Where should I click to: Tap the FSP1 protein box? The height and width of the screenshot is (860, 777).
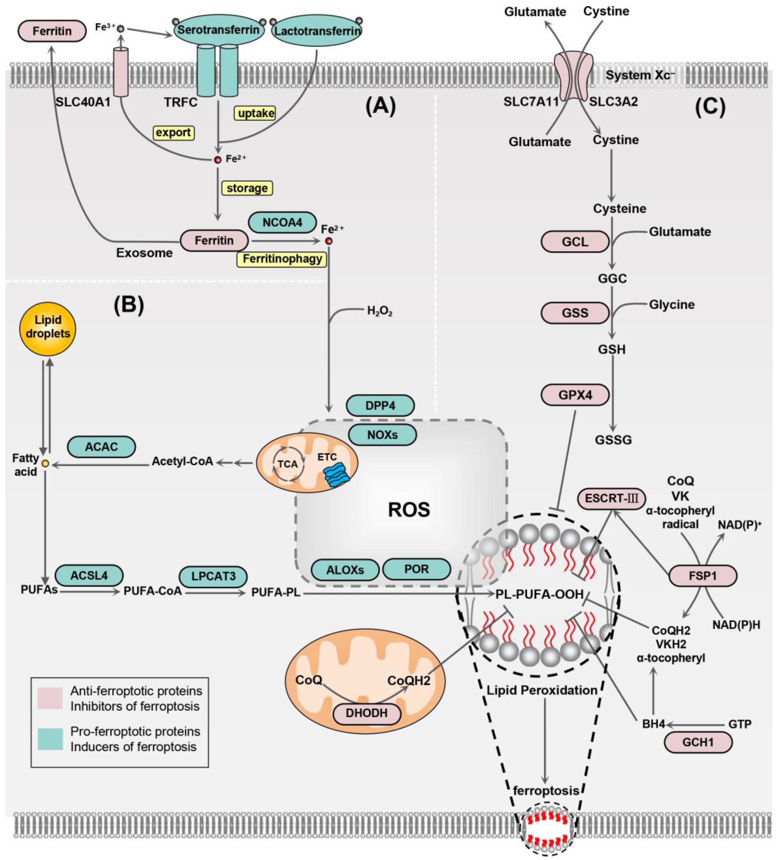pyautogui.click(x=702, y=576)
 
